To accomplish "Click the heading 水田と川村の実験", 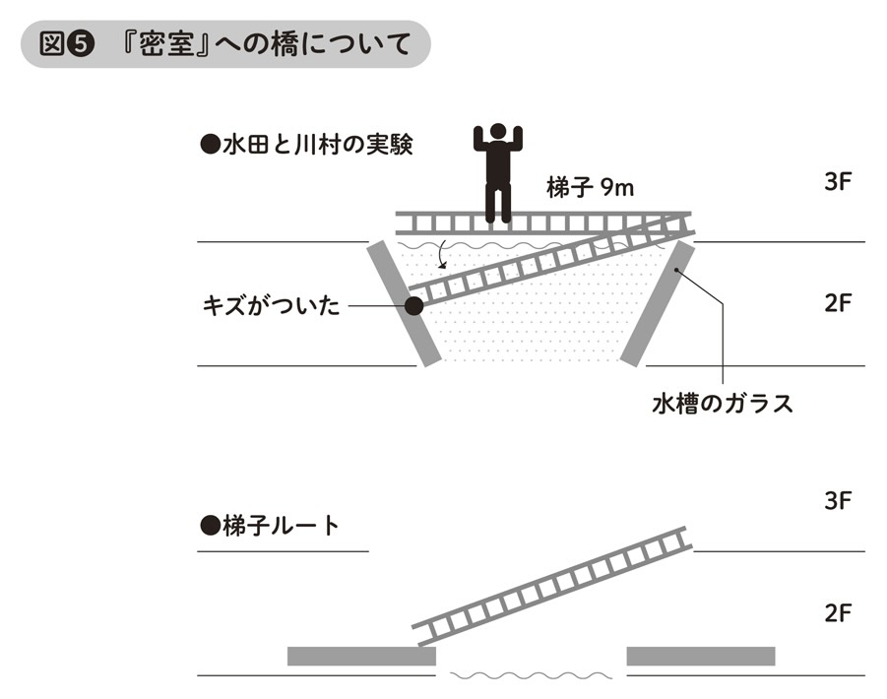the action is (x=305, y=146).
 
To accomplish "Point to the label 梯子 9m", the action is (x=591, y=188).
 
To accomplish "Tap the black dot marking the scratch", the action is (x=413, y=306).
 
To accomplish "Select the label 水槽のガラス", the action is (x=723, y=404).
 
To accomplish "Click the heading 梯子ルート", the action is (x=269, y=526).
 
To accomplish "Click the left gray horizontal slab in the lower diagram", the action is (x=360, y=656).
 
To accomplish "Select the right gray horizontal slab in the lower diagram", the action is (x=700, y=656).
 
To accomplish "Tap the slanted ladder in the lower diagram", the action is (x=551, y=585).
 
